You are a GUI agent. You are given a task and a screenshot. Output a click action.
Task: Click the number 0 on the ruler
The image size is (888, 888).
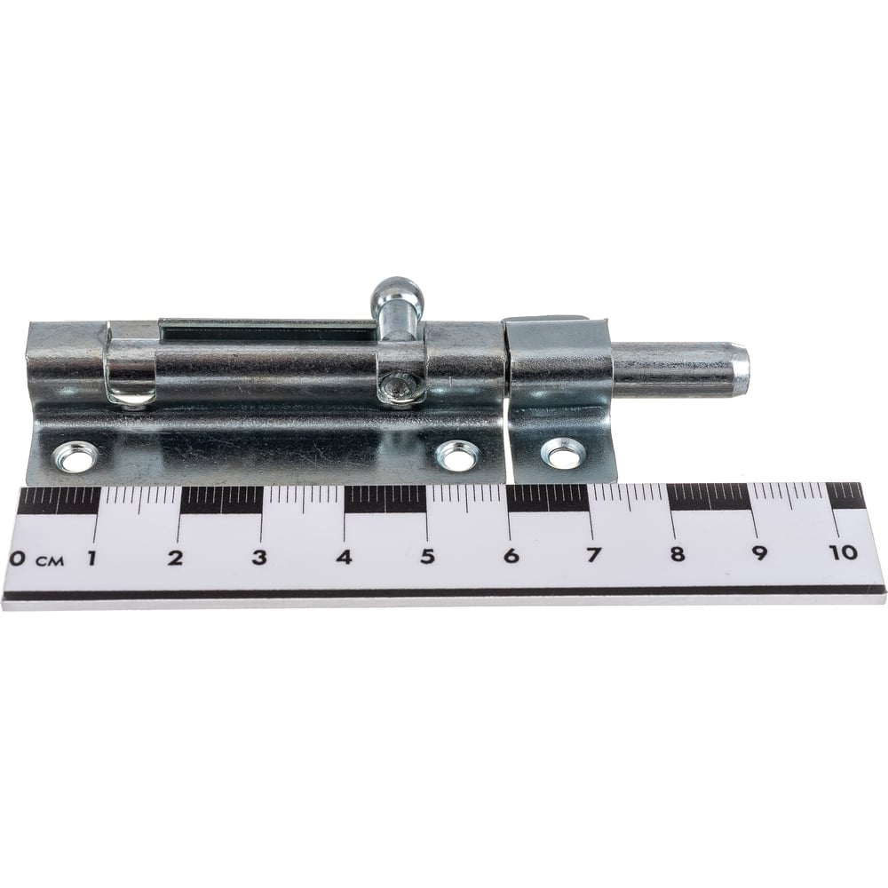18,559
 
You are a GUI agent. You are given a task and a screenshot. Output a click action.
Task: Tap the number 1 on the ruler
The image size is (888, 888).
91,558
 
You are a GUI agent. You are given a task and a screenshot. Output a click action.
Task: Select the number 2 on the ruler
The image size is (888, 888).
177,558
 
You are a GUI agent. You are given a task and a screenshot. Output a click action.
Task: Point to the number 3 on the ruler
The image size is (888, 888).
259,558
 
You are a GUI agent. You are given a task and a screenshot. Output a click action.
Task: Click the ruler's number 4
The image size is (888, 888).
345,557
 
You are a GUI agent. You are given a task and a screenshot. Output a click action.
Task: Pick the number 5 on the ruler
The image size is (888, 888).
428,556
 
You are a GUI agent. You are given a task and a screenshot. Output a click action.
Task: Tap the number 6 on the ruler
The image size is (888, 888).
511,556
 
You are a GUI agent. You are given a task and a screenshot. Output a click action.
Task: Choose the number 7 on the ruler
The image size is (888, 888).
593,555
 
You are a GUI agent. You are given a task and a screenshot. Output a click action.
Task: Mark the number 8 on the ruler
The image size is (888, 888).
678,554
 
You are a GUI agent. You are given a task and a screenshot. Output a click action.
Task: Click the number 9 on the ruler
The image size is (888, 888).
759,553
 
